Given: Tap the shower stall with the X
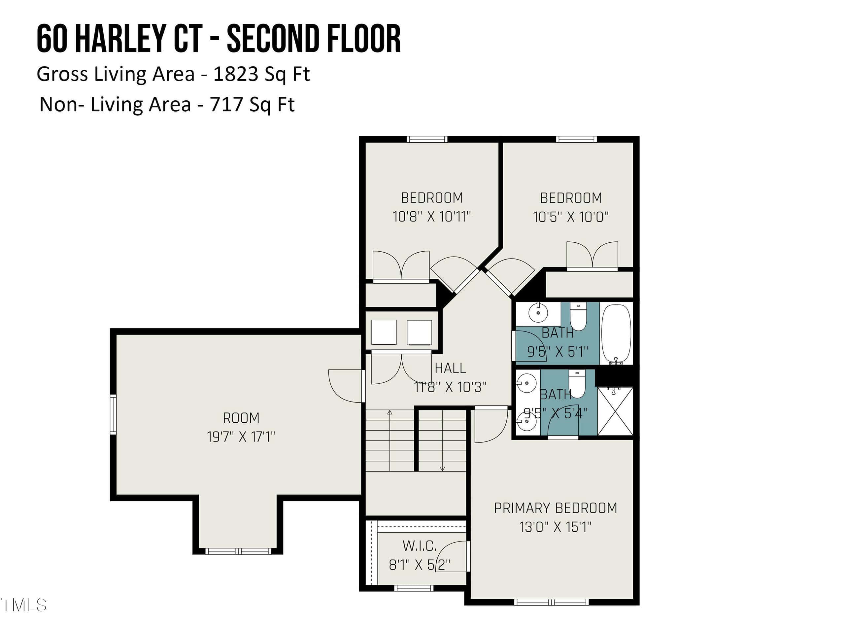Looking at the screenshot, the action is (615, 411).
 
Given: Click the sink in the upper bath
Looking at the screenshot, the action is (538, 313).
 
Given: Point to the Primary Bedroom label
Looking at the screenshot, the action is (556, 508).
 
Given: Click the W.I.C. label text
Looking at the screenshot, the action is (420, 546).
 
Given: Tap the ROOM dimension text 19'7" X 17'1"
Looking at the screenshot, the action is (241, 437).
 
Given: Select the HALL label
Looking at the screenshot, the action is (450, 368).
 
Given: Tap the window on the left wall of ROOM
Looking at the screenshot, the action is (113, 415).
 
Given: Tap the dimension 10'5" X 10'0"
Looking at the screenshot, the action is (571, 217).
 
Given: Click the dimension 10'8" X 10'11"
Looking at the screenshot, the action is (432, 217).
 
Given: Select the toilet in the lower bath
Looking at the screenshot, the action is (577, 384).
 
